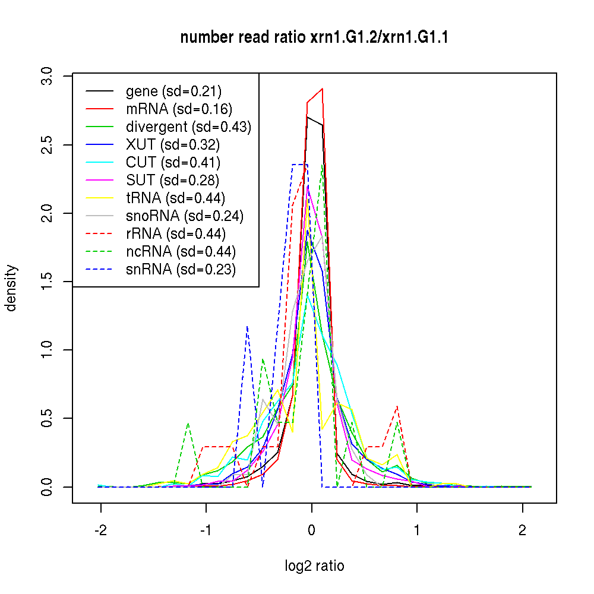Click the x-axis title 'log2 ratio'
click(314, 565)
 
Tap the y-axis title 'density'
click(11, 287)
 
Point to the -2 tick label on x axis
click(100, 530)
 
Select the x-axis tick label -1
click(206, 530)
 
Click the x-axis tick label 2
click(523, 530)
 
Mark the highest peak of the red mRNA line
click(321, 89)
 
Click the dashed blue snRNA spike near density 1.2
click(247, 326)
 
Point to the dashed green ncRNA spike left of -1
click(188, 424)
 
